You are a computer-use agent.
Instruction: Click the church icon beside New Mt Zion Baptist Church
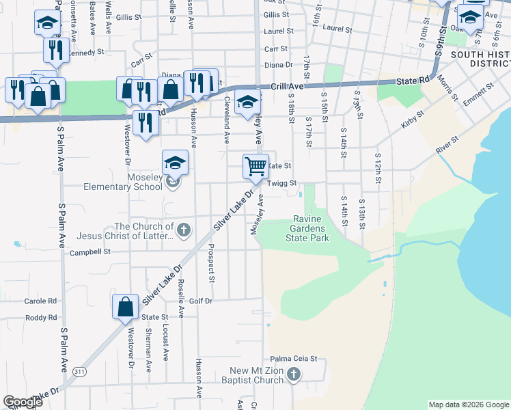(x=293, y=374)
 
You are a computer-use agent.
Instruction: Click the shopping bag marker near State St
(x=126, y=307)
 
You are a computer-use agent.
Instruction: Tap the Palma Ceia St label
(x=294, y=358)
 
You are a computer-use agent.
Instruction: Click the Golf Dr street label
(x=201, y=301)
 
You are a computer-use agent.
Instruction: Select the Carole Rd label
(x=41, y=301)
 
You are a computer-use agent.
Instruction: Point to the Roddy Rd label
(x=41, y=318)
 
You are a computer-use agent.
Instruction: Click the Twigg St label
(x=282, y=183)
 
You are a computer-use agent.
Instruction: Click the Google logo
(x=23, y=402)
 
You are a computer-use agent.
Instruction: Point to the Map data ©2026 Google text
(x=468, y=405)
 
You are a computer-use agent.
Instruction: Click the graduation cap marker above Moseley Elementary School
(x=175, y=163)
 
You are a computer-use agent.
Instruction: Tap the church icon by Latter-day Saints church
(x=183, y=231)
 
